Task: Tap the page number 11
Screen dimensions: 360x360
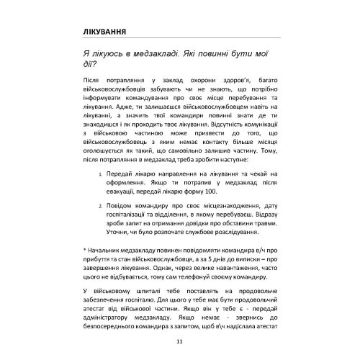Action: (179, 341)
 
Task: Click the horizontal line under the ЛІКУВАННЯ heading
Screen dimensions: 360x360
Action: (179, 41)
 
